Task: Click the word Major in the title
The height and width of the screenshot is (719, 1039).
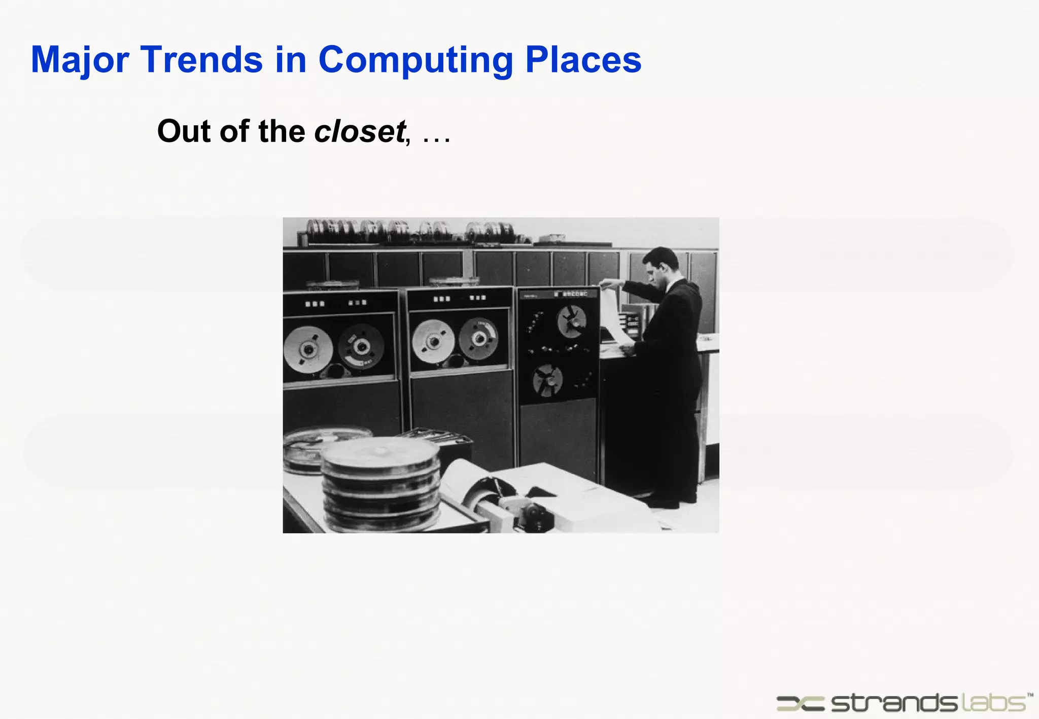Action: pyautogui.click(x=80, y=60)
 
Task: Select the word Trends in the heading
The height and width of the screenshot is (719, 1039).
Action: pyautogui.click(x=201, y=60)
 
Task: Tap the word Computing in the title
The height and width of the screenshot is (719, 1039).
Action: pyautogui.click(x=415, y=60)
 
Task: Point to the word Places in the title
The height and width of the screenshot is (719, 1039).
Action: pyautogui.click(x=583, y=60)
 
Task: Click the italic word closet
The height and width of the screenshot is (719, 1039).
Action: pyautogui.click(x=360, y=131)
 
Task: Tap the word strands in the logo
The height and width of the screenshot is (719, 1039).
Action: pyautogui.click(x=893, y=703)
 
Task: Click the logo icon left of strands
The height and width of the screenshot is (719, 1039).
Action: pyautogui.click(x=801, y=703)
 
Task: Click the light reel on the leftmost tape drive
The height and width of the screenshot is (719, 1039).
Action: pyautogui.click(x=307, y=349)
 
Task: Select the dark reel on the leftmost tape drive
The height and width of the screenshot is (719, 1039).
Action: pyautogui.click(x=361, y=346)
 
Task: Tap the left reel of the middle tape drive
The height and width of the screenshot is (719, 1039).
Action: pyautogui.click(x=433, y=341)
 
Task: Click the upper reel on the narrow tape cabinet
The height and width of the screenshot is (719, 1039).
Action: pyautogui.click(x=571, y=321)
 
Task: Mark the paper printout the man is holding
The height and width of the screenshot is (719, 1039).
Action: pyautogui.click(x=615, y=316)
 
